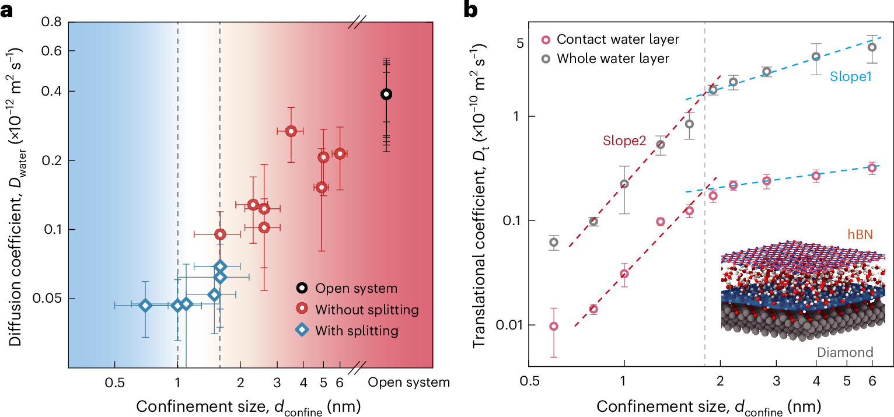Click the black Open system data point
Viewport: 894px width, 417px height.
click(x=386, y=94)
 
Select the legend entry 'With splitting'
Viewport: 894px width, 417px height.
click(x=357, y=331)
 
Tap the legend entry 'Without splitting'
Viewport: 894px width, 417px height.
click(x=366, y=309)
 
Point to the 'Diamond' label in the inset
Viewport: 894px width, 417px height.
click(x=844, y=352)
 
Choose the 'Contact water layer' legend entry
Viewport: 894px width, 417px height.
click(x=618, y=39)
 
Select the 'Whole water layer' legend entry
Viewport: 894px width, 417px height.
click(x=613, y=58)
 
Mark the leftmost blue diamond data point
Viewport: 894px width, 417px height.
click(x=145, y=305)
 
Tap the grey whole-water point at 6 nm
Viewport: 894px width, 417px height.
click(x=872, y=47)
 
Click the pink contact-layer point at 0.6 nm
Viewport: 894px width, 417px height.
click(x=554, y=326)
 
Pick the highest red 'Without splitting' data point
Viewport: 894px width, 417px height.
click(x=291, y=131)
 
